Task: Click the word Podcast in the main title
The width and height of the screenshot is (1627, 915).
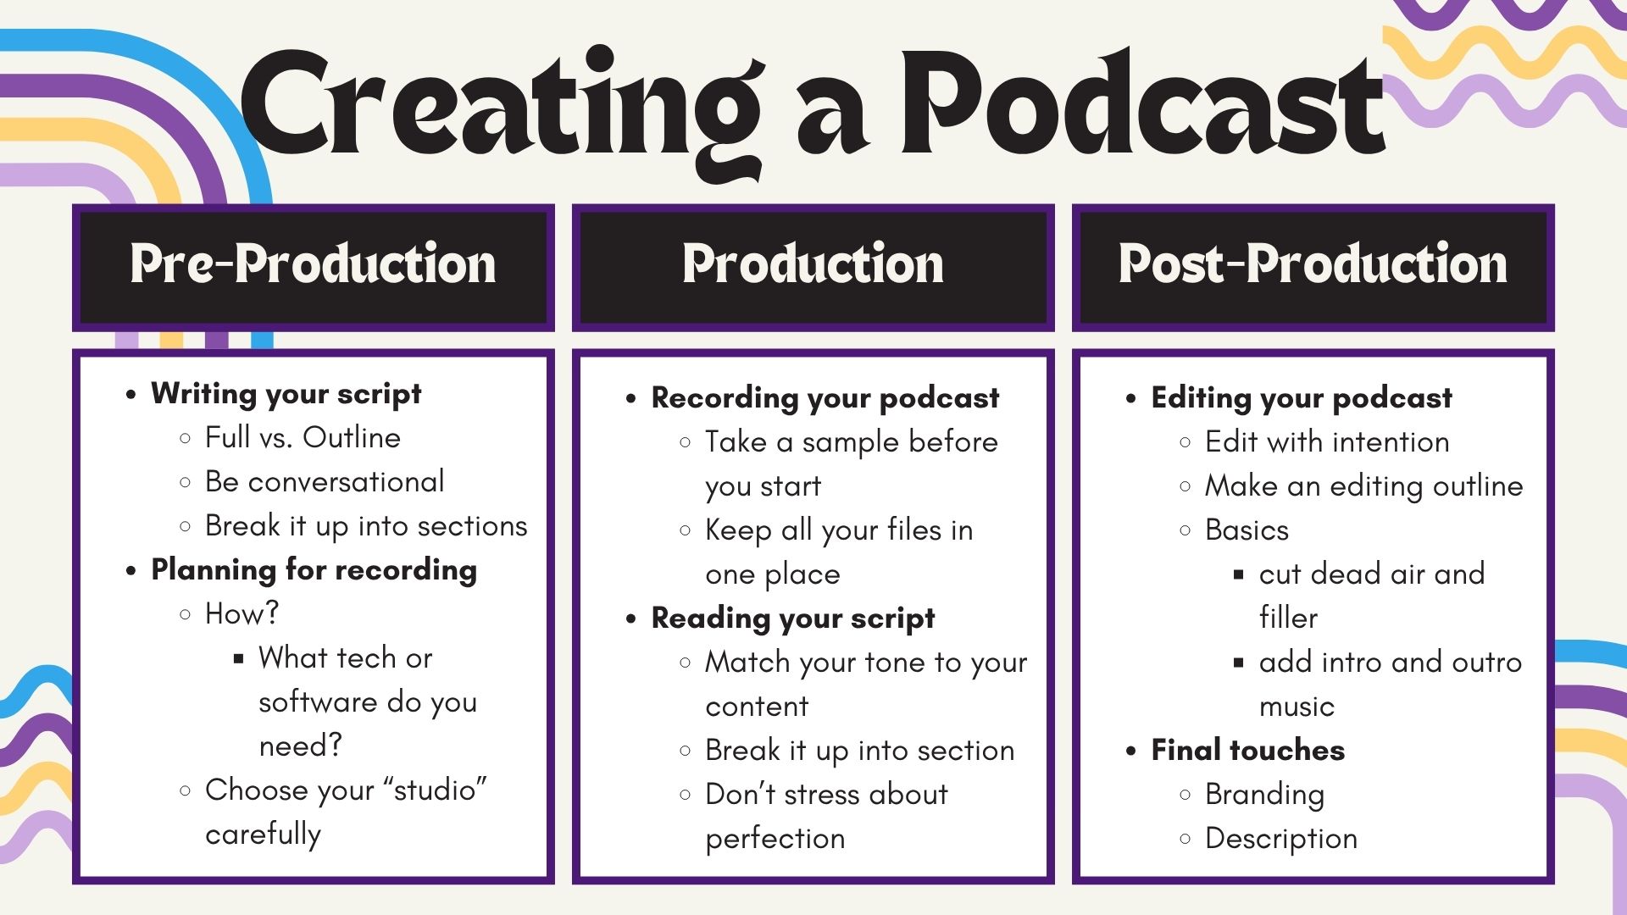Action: (1142, 103)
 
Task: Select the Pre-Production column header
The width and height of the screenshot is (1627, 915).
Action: (313, 263)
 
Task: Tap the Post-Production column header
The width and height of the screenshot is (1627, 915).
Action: (1313, 263)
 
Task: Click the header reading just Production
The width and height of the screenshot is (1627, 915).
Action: (813, 263)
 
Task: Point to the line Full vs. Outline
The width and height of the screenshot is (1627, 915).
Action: (303, 437)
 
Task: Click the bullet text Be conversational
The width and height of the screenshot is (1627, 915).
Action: (325, 481)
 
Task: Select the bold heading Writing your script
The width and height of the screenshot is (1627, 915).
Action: (286, 394)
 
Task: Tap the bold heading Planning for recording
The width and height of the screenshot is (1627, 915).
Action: (314, 570)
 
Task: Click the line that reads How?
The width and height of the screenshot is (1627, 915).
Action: (242, 613)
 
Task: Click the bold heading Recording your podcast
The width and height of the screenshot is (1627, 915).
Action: (825, 398)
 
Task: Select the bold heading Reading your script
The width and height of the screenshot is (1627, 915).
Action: (793, 618)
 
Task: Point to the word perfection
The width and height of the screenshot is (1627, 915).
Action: (775, 839)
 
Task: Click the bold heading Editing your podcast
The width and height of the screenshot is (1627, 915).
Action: (1302, 398)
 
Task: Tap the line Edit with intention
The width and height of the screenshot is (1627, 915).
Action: (1327, 441)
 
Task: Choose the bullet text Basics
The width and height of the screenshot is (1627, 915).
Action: (1247, 530)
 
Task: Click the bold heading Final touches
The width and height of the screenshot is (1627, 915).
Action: (1247, 750)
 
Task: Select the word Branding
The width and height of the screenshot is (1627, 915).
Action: (1264, 795)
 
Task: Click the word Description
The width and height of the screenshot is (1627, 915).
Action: (1281, 839)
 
